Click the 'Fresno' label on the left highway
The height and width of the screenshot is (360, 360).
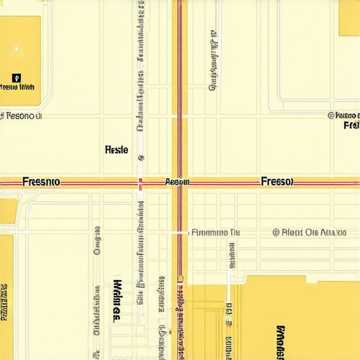pyautogui.click(x=41, y=181)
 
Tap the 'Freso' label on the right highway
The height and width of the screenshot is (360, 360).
pyautogui.click(x=276, y=181)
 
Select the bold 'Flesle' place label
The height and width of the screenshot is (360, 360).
pyautogui.click(x=116, y=150)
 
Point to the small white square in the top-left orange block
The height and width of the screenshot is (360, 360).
pyautogui.click(x=15, y=49)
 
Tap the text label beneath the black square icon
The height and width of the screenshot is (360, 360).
pyautogui.click(x=18, y=88)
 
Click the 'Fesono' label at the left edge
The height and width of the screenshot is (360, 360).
pyautogui.click(x=21, y=116)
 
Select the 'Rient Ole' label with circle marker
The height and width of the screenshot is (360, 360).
pyautogui.click(x=309, y=232)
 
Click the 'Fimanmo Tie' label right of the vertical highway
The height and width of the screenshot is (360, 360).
pyautogui.click(x=215, y=231)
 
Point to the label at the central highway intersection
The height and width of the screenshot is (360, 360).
pyautogui.click(x=177, y=181)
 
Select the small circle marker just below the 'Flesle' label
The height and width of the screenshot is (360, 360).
pyautogui.click(x=141, y=158)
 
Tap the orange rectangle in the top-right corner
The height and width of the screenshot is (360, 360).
pyautogui.click(x=349, y=18)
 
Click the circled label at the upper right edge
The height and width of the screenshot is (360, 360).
pyautogui.click(x=344, y=115)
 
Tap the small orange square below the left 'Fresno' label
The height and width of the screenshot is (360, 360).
pyautogui.click(x=8, y=208)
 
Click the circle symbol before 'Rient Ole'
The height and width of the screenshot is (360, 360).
pyautogui.click(x=276, y=232)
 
